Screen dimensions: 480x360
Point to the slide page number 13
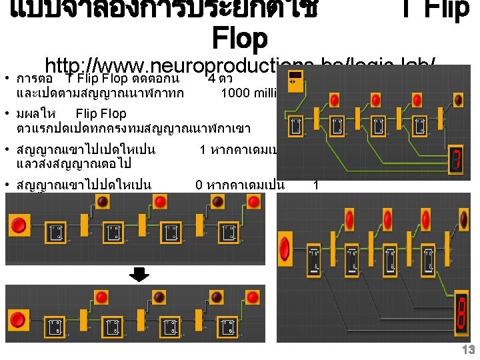[x=469, y=350]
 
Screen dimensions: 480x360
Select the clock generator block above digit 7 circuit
[x=297, y=83]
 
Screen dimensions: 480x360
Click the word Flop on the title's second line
[x=239, y=39]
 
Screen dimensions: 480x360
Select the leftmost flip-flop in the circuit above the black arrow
[x=56, y=234]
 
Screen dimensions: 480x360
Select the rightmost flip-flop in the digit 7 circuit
[x=421, y=127]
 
